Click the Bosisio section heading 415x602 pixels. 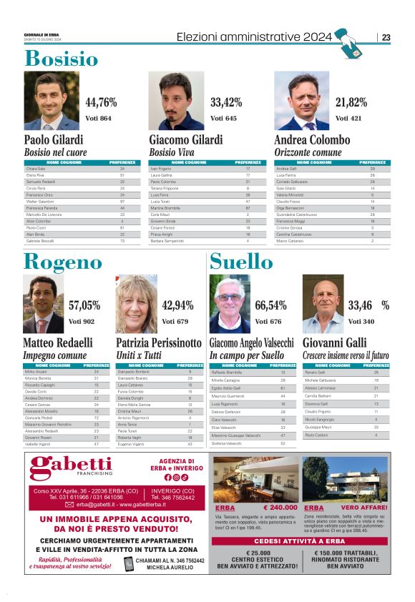[x=62, y=58]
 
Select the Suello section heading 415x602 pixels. [x=241, y=262]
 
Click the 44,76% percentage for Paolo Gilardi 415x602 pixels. [x=101, y=102]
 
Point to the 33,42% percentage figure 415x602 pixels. [x=226, y=102]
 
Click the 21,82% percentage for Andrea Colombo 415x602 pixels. [x=351, y=102]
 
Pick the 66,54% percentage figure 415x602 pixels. [x=270, y=305]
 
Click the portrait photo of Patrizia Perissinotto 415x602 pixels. [x=136, y=305]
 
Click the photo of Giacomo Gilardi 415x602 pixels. [x=176, y=100]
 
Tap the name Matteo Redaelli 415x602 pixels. [x=58, y=343]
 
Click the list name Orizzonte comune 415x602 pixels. [x=308, y=152]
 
